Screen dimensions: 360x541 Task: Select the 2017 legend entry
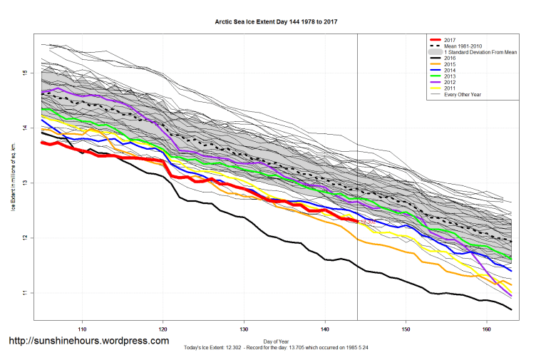tap(448, 40)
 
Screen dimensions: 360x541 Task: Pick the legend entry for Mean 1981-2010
tap(464, 46)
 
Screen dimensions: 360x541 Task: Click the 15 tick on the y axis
tap(24, 73)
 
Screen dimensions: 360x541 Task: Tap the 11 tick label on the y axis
tap(24, 292)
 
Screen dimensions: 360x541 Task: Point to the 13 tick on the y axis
tap(24, 182)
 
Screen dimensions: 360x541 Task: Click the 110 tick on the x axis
tap(83, 329)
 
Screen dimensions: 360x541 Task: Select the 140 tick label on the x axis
tap(325, 329)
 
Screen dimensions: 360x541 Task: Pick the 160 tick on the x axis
tap(487, 329)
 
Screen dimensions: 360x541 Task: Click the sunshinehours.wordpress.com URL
tap(88, 341)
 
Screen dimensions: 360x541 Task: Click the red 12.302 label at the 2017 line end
tap(368, 222)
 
